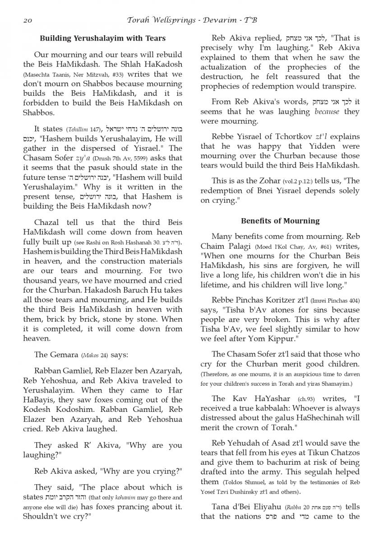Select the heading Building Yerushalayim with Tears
point(103,38)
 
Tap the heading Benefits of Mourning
point(280,221)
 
